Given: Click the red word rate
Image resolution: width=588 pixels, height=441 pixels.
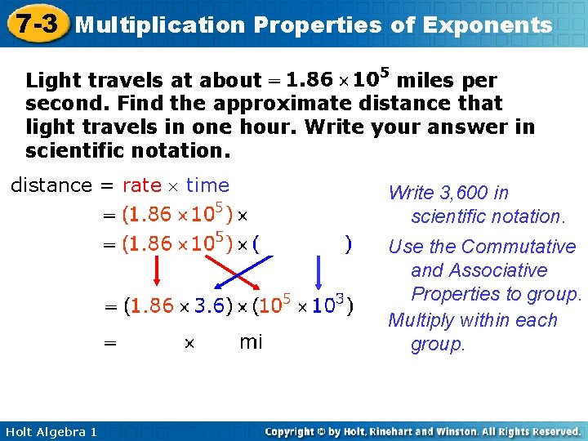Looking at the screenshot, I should (x=141, y=185).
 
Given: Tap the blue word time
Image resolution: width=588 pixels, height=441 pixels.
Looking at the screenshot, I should (x=207, y=185).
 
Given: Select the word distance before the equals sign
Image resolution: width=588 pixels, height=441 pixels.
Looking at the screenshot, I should (x=51, y=185).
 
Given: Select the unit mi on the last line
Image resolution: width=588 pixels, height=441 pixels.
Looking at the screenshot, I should (x=251, y=342).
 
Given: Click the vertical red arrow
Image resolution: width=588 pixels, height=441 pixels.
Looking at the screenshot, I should (x=157, y=270).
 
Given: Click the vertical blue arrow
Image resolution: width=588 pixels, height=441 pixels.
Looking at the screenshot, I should (x=318, y=270).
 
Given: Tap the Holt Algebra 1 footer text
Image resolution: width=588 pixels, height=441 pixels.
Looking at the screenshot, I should (x=50, y=431).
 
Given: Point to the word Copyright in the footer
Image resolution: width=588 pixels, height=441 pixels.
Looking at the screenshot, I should (x=292, y=431).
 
